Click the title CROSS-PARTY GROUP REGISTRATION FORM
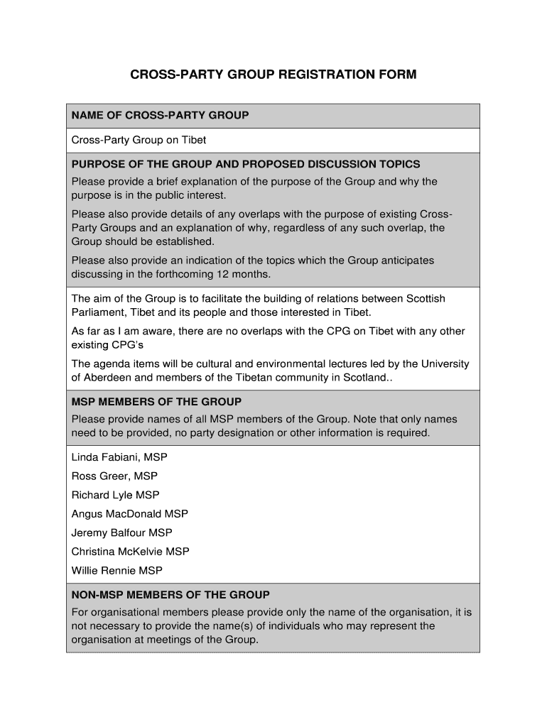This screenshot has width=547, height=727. tap(273, 74)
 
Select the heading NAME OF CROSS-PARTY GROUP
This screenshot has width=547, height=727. tap(160, 115)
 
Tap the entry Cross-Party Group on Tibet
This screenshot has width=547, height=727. tap(139, 140)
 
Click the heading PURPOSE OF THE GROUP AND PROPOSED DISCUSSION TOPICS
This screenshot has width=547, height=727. tap(246, 164)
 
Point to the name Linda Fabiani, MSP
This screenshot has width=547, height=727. tap(119, 457)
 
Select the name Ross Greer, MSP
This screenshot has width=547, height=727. tap(114, 476)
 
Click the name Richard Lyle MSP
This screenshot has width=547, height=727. tap(116, 495)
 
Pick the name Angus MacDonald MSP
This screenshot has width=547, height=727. tap(130, 513)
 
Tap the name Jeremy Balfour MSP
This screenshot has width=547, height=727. tap(121, 532)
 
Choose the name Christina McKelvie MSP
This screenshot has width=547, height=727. tap(131, 551)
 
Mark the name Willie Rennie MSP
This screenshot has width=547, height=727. tap(117, 570)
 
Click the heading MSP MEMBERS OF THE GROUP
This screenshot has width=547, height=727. tap(156, 401)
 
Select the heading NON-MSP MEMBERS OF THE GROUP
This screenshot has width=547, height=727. tap(170, 594)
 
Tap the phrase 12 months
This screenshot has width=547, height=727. tap(246, 274)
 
